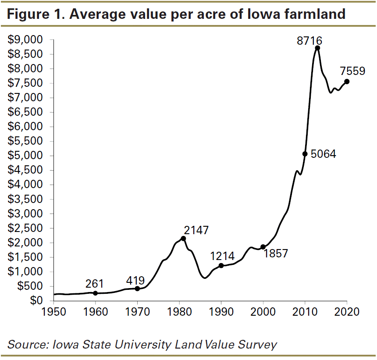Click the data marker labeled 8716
pyautogui.click(x=317, y=48)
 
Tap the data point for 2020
pyautogui.click(x=347, y=81)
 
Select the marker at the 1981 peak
pyautogui.click(x=183, y=239)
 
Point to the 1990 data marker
pyautogui.click(x=221, y=265)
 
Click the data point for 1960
pyautogui.click(x=95, y=293)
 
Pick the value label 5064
pyautogui.click(x=323, y=154)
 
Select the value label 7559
pyautogui.click(x=352, y=71)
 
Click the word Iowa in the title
pyautogui.click(x=264, y=14)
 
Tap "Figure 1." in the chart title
pyautogui.click(x=36, y=14)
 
